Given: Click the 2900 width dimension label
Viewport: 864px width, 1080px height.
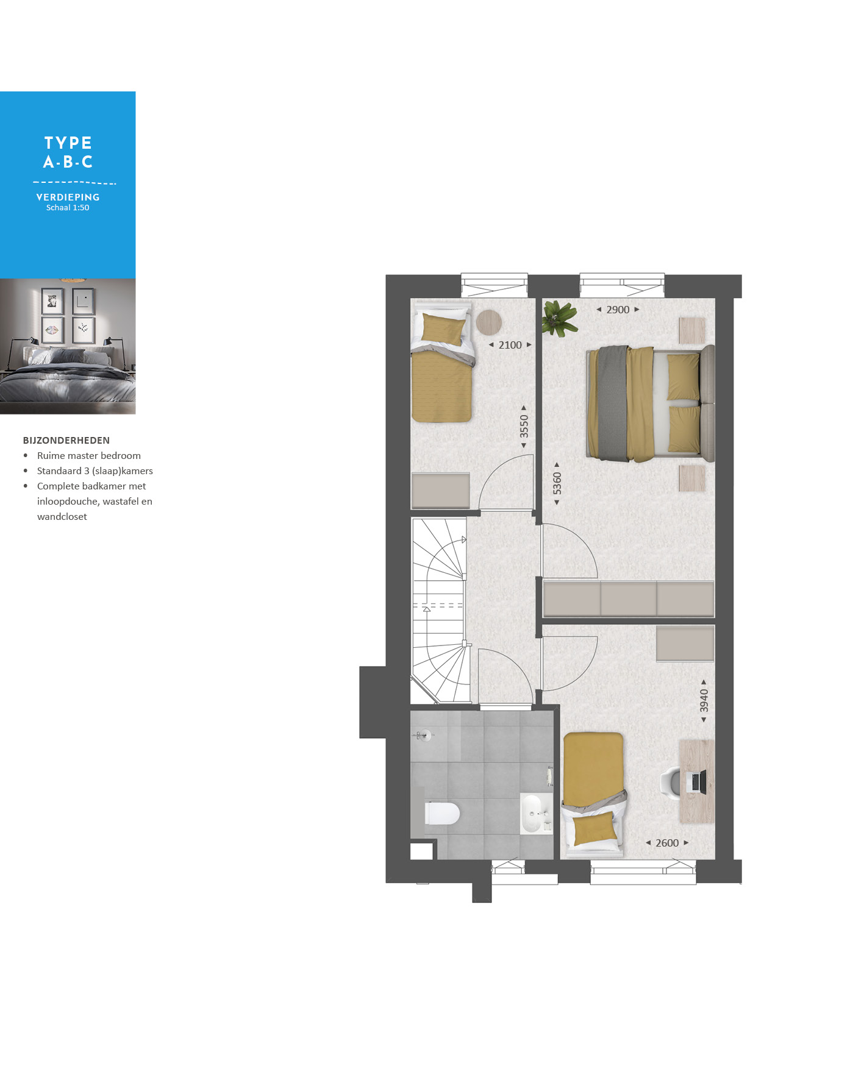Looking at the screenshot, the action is click(x=618, y=310).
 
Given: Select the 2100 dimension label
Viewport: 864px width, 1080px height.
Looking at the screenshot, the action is click(x=510, y=345).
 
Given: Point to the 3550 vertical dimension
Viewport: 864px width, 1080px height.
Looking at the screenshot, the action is click(x=524, y=427).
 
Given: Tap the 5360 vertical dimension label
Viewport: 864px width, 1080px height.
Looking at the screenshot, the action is click(x=557, y=484).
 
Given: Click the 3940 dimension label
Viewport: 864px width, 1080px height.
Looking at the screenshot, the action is click(x=704, y=701).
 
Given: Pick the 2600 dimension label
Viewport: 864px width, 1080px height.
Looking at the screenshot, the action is click(x=667, y=843).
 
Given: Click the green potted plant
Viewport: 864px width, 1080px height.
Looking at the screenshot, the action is click(x=560, y=318).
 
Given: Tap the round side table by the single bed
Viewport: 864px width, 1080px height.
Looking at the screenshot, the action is click(x=488, y=322).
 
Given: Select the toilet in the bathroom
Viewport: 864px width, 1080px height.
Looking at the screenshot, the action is click(x=442, y=813).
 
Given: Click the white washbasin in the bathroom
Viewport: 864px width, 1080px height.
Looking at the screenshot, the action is click(x=532, y=813).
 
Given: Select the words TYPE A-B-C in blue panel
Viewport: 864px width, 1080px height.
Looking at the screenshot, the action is click(x=68, y=152).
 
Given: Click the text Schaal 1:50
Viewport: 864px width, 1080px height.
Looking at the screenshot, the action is click(x=68, y=208).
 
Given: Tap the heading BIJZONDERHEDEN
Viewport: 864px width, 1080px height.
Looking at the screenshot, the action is click(x=66, y=440).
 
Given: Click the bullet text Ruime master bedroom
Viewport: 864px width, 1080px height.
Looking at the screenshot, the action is click(x=89, y=455).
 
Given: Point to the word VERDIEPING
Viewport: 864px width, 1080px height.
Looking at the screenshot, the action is click(x=68, y=197).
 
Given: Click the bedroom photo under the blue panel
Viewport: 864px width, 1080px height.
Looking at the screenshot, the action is click(x=68, y=346).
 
